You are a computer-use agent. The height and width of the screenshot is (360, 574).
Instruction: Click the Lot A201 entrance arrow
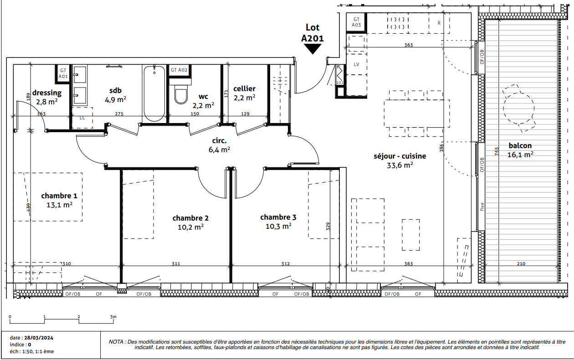(x=313, y=49)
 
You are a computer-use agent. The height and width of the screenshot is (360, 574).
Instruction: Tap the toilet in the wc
(x=181, y=94)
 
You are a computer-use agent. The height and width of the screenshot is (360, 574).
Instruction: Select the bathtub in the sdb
(x=154, y=93)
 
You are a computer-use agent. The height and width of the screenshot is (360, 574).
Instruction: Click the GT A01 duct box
(x=63, y=73)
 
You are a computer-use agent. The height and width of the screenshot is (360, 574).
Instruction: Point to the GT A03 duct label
(x=356, y=22)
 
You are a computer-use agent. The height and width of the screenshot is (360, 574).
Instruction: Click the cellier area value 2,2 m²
(x=245, y=98)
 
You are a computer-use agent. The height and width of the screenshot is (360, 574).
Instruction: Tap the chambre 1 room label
(x=59, y=195)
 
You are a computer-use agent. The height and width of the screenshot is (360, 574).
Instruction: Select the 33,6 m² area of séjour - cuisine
(x=400, y=165)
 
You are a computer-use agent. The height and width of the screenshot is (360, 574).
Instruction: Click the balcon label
(x=520, y=145)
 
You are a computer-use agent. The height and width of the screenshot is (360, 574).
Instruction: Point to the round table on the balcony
(x=518, y=108)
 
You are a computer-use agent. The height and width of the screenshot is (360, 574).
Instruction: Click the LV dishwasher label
(x=356, y=64)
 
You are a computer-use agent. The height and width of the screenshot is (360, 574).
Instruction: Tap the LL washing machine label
(x=82, y=118)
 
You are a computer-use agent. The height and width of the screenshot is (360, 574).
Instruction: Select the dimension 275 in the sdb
(x=119, y=113)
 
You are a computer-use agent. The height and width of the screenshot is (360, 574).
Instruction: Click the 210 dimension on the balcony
(x=521, y=263)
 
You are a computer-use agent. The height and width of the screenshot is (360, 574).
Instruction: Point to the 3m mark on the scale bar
(x=113, y=317)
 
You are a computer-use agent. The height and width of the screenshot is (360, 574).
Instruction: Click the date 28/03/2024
(x=39, y=338)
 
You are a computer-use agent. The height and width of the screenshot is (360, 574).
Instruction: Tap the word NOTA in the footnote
(x=117, y=342)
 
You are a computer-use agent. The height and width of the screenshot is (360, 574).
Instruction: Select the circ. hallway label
(x=220, y=140)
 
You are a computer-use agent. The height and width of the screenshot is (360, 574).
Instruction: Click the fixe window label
(x=482, y=206)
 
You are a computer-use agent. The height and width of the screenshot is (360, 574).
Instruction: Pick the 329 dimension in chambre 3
(x=328, y=226)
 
